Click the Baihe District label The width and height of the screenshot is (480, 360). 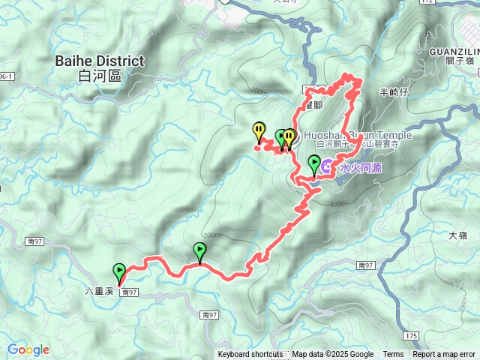tap(100, 61)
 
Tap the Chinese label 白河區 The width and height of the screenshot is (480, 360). tap(100, 75)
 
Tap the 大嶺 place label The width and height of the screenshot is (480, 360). tap(457, 235)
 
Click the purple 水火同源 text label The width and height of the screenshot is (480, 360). tap(361, 169)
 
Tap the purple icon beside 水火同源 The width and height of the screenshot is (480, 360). tap(328, 168)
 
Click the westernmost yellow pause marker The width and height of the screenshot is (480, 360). tap(259, 132)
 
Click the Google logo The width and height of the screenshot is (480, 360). tap(28, 349)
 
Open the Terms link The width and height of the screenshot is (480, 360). tap(393, 355)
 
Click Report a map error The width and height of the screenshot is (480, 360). tap(445, 355)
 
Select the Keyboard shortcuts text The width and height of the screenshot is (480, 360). tap(250, 355)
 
